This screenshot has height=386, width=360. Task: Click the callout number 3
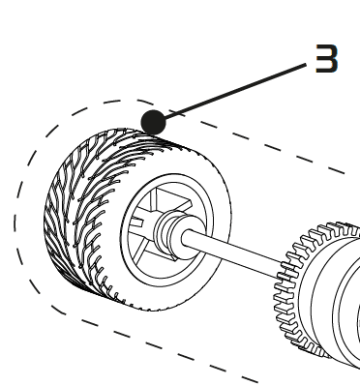(x=327, y=60)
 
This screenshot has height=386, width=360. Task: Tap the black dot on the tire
(x=152, y=122)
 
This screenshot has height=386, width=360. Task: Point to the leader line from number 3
(x=232, y=93)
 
